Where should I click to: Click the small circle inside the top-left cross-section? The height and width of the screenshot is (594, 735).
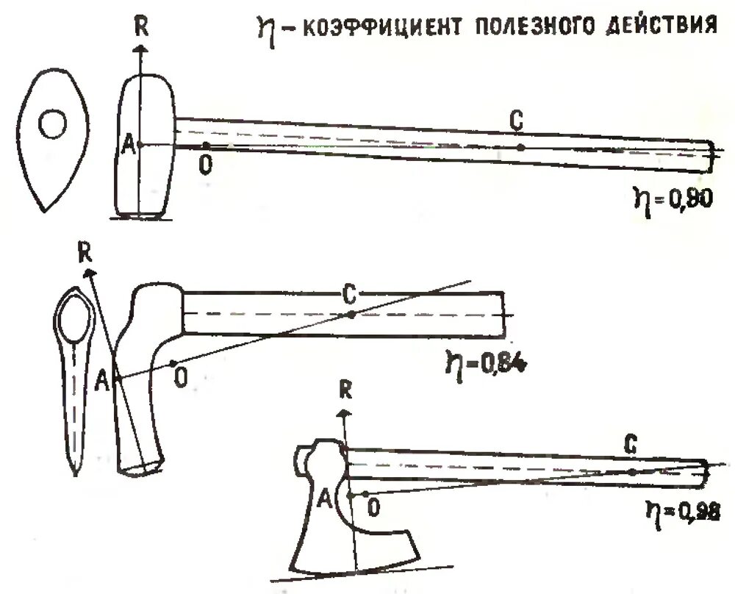pyautogui.click(x=54, y=125)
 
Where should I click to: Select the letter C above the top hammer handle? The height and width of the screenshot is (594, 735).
pyautogui.click(x=517, y=123)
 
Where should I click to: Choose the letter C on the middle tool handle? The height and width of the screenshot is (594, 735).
pyautogui.click(x=350, y=295)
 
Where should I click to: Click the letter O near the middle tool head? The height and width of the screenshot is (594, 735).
pyautogui.click(x=179, y=378)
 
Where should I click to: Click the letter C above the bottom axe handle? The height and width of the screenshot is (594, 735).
pyautogui.click(x=629, y=445)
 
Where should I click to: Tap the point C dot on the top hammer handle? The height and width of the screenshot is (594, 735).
pyautogui.click(x=520, y=147)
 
